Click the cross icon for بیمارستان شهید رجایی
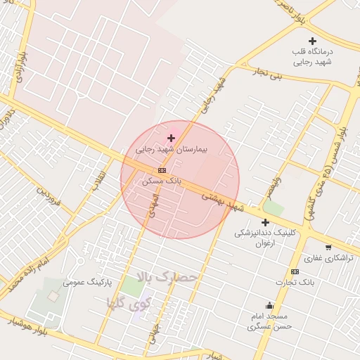tap(171, 139)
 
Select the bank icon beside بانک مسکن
tap(162, 170)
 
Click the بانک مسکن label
tap(162, 181)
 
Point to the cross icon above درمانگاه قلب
tap(313, 41)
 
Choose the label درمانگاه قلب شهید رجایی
tap(314, 57)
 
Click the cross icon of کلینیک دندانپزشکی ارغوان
tap(265, 222)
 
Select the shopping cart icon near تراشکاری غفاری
tap(328, 247)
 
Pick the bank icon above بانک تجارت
tap(295, 271)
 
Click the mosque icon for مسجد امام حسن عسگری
tap(270, 305)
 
